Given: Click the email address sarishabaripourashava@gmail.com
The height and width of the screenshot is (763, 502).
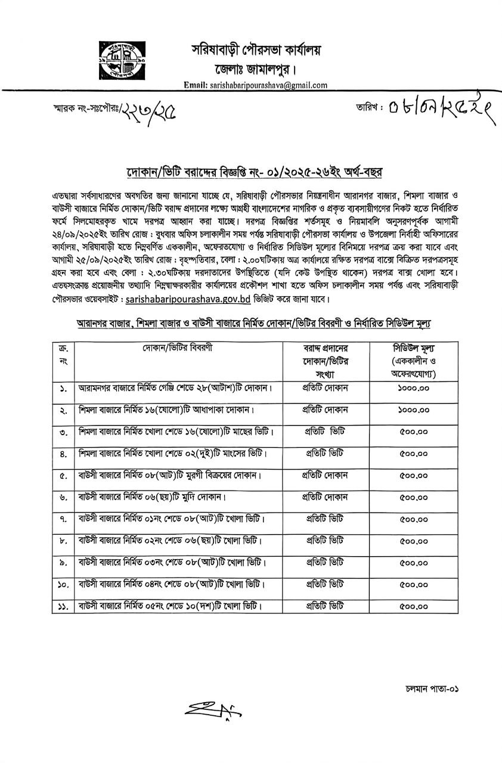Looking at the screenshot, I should pos(256,85).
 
